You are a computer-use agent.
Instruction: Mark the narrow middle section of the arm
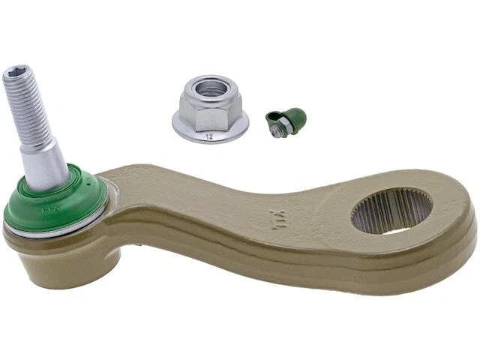(225, 217)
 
